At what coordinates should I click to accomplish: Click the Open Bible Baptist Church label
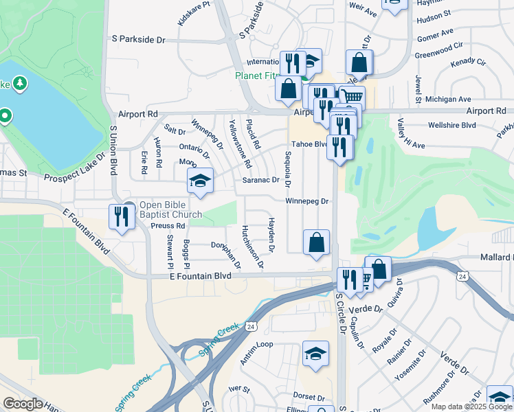pos(171,209)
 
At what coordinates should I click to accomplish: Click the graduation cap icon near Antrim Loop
pos(315,354)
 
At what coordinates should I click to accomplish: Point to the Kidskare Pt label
pos(193,13)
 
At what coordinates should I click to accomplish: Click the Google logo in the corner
pos(23,403)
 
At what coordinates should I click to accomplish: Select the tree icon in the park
pos(21,83)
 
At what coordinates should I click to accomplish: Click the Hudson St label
pos(434,13)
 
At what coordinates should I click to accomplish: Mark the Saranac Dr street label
pos(261,181)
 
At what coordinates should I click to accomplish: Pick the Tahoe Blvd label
pos(309,144)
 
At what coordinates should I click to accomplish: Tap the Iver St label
pos(239,388)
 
